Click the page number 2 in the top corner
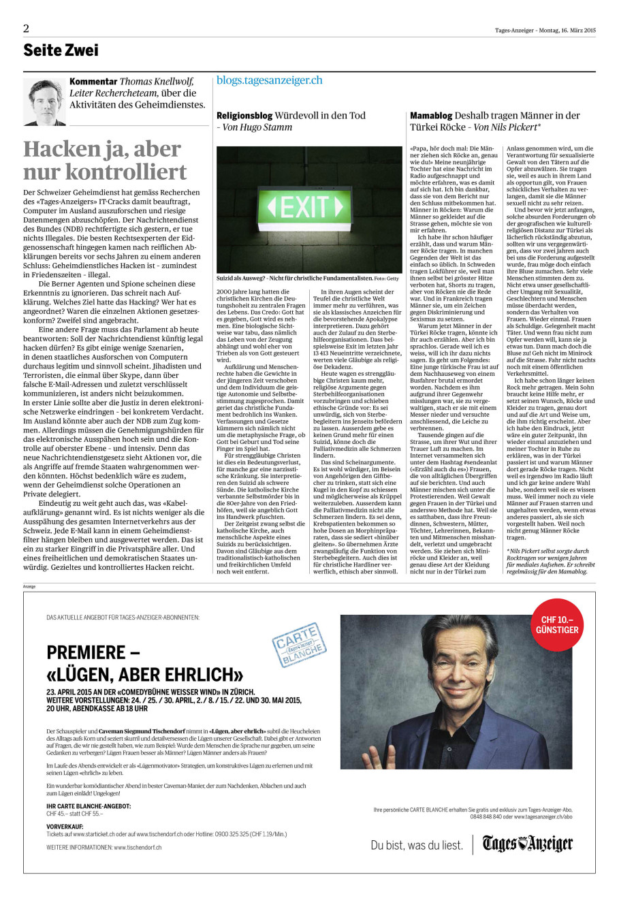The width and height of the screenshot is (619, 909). click(26, 29)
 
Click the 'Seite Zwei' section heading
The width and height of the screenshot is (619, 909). click(61, 50)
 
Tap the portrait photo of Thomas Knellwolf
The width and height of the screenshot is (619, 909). click(44, 101)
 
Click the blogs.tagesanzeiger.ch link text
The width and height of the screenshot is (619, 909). click(269, 80)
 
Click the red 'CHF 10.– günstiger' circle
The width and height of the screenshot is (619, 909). click(557, 625)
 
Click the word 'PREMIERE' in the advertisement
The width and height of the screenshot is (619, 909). click(86, 652)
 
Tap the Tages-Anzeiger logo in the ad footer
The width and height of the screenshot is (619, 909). click(528, 844)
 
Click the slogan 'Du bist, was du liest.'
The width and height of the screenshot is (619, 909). click(417, 845)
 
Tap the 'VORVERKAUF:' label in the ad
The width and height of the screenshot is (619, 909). click(65, 826)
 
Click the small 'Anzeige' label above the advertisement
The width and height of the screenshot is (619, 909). click(30, 586)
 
